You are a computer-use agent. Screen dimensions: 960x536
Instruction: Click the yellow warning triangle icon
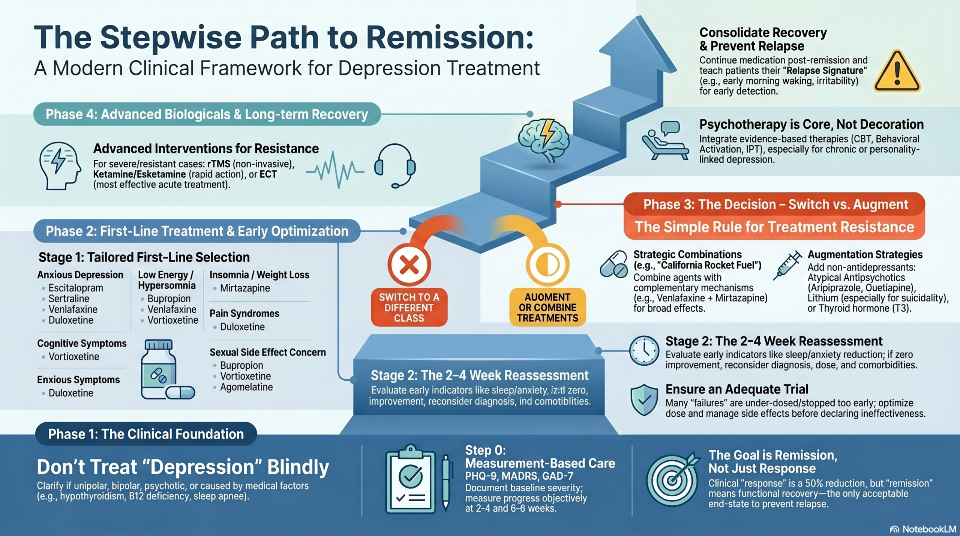pos(897,72)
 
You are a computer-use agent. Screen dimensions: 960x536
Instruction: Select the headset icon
pos(395,165)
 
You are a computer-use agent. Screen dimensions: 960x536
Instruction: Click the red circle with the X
pos(409,265)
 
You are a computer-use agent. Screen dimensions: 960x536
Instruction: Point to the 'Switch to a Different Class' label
pos(409,307)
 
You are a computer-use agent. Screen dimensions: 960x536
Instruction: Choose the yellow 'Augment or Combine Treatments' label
pos(547,307)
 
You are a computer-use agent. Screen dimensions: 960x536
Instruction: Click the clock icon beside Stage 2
pos(644,351)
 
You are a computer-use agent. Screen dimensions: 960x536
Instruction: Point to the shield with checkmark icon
pos(644,400)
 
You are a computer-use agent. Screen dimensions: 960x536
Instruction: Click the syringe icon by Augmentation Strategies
pos(787,266)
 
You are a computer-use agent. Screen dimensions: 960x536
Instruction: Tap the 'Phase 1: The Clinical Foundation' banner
pos(146,434)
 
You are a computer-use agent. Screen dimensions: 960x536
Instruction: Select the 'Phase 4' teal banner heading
pos(207,114)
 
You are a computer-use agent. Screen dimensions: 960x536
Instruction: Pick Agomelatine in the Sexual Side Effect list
pos(246,387)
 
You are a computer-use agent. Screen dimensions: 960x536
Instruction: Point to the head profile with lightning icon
pos(60,165)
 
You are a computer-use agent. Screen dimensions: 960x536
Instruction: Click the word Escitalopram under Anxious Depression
pos(76,288)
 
